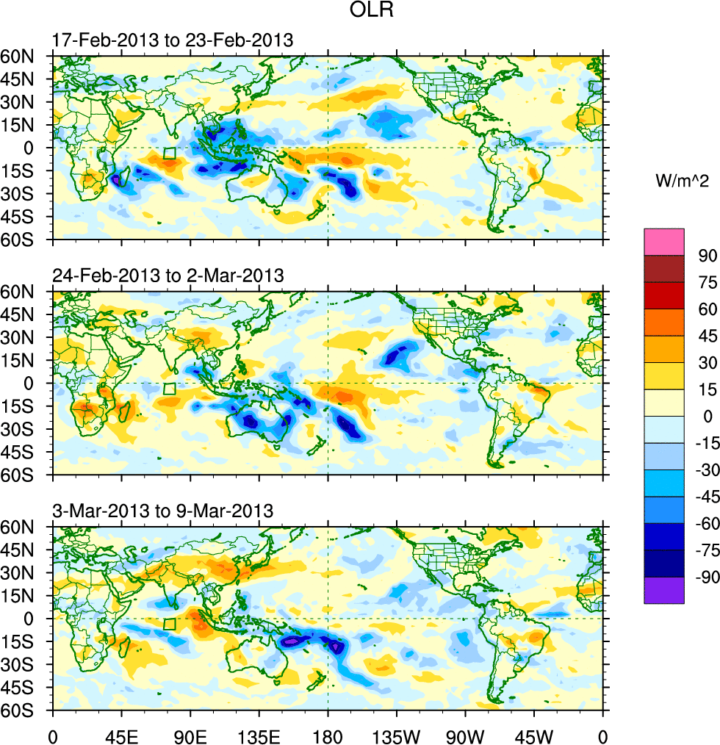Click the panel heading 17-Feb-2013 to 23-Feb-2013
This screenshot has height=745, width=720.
pos(173,40)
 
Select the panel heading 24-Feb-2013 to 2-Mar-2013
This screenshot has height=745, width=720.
pos(168,276)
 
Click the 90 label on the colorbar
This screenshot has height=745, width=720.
pos(708,256)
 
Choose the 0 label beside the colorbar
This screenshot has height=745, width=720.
pos(708,417)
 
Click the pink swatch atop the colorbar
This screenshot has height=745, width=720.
pos(664,242)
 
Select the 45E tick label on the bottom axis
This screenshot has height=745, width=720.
pos(120,735)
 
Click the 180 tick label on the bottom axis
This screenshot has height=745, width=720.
pos(328,735)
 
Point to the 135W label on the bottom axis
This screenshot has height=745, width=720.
pos(396,735)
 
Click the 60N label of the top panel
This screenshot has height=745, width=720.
pos(26,56)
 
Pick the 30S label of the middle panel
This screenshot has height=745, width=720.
pos(26,429)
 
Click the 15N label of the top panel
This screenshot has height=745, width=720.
pos(26,125)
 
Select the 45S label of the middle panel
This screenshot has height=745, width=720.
pos(26,452)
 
